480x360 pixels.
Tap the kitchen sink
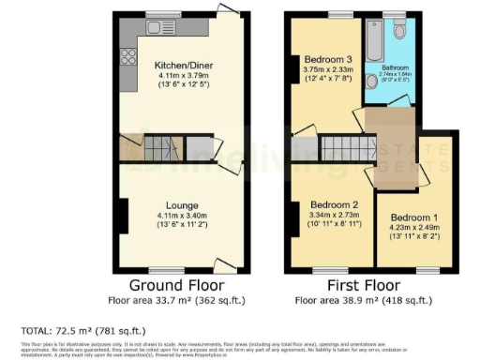coord(154,29)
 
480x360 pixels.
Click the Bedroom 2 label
coord(330,204)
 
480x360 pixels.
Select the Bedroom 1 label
coord(412,215)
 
